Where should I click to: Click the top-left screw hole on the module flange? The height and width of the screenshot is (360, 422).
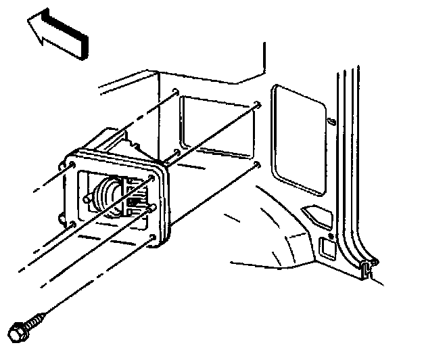click(x=72, y=164)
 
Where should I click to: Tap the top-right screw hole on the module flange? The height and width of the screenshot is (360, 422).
click(x=151, y=177)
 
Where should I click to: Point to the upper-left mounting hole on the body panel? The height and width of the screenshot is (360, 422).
click(x=176, y=92)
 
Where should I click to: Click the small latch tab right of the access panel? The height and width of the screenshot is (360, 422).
click(x=331, y=122)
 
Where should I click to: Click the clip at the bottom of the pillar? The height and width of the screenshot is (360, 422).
click(x=366, y=269)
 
